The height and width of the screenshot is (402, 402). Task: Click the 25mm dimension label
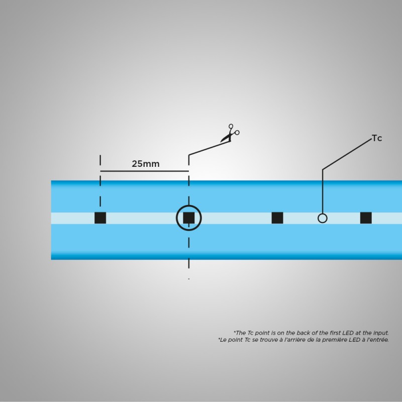tap(145, 164)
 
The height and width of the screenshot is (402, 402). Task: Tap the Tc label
tap(377, 138)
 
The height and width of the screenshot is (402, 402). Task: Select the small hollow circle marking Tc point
tap(323, 218)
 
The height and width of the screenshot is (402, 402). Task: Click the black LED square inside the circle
tap(188, 218)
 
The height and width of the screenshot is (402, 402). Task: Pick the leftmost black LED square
tap(100, 218)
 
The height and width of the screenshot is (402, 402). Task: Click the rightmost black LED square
tap(366, 218)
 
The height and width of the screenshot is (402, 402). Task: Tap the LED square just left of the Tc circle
tap(277, 218)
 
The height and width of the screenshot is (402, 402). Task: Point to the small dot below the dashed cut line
tap(189, 278)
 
